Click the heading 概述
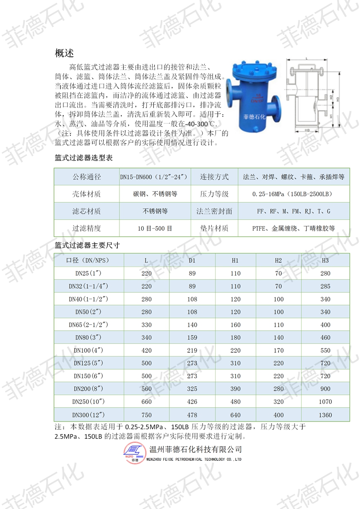64,53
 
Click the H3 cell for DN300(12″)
325,415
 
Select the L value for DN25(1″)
146,274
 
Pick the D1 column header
192,260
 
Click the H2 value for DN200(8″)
279,389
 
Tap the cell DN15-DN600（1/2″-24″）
154,177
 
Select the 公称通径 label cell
87,177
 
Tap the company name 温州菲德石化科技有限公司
196,449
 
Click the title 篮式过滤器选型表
83,158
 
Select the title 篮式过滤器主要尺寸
87,245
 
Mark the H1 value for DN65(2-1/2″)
235,325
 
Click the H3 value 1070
325,402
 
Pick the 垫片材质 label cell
214,229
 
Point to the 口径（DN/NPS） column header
88,260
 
